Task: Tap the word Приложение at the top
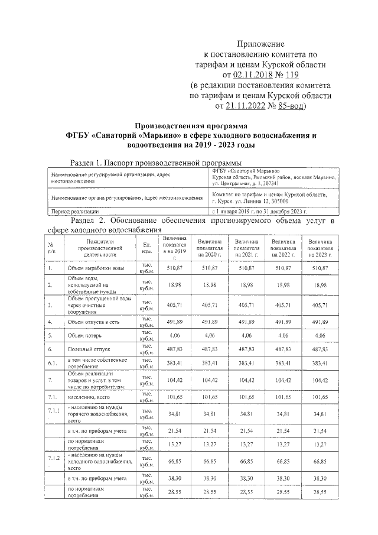260,44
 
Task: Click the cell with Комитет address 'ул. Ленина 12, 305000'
263,202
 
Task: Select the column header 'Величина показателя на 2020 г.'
210,247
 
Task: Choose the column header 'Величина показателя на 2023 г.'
320,247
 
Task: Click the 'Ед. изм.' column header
146,248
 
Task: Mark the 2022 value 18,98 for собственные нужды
283,285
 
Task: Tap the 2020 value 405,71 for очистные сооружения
210,305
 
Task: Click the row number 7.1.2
54,458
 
